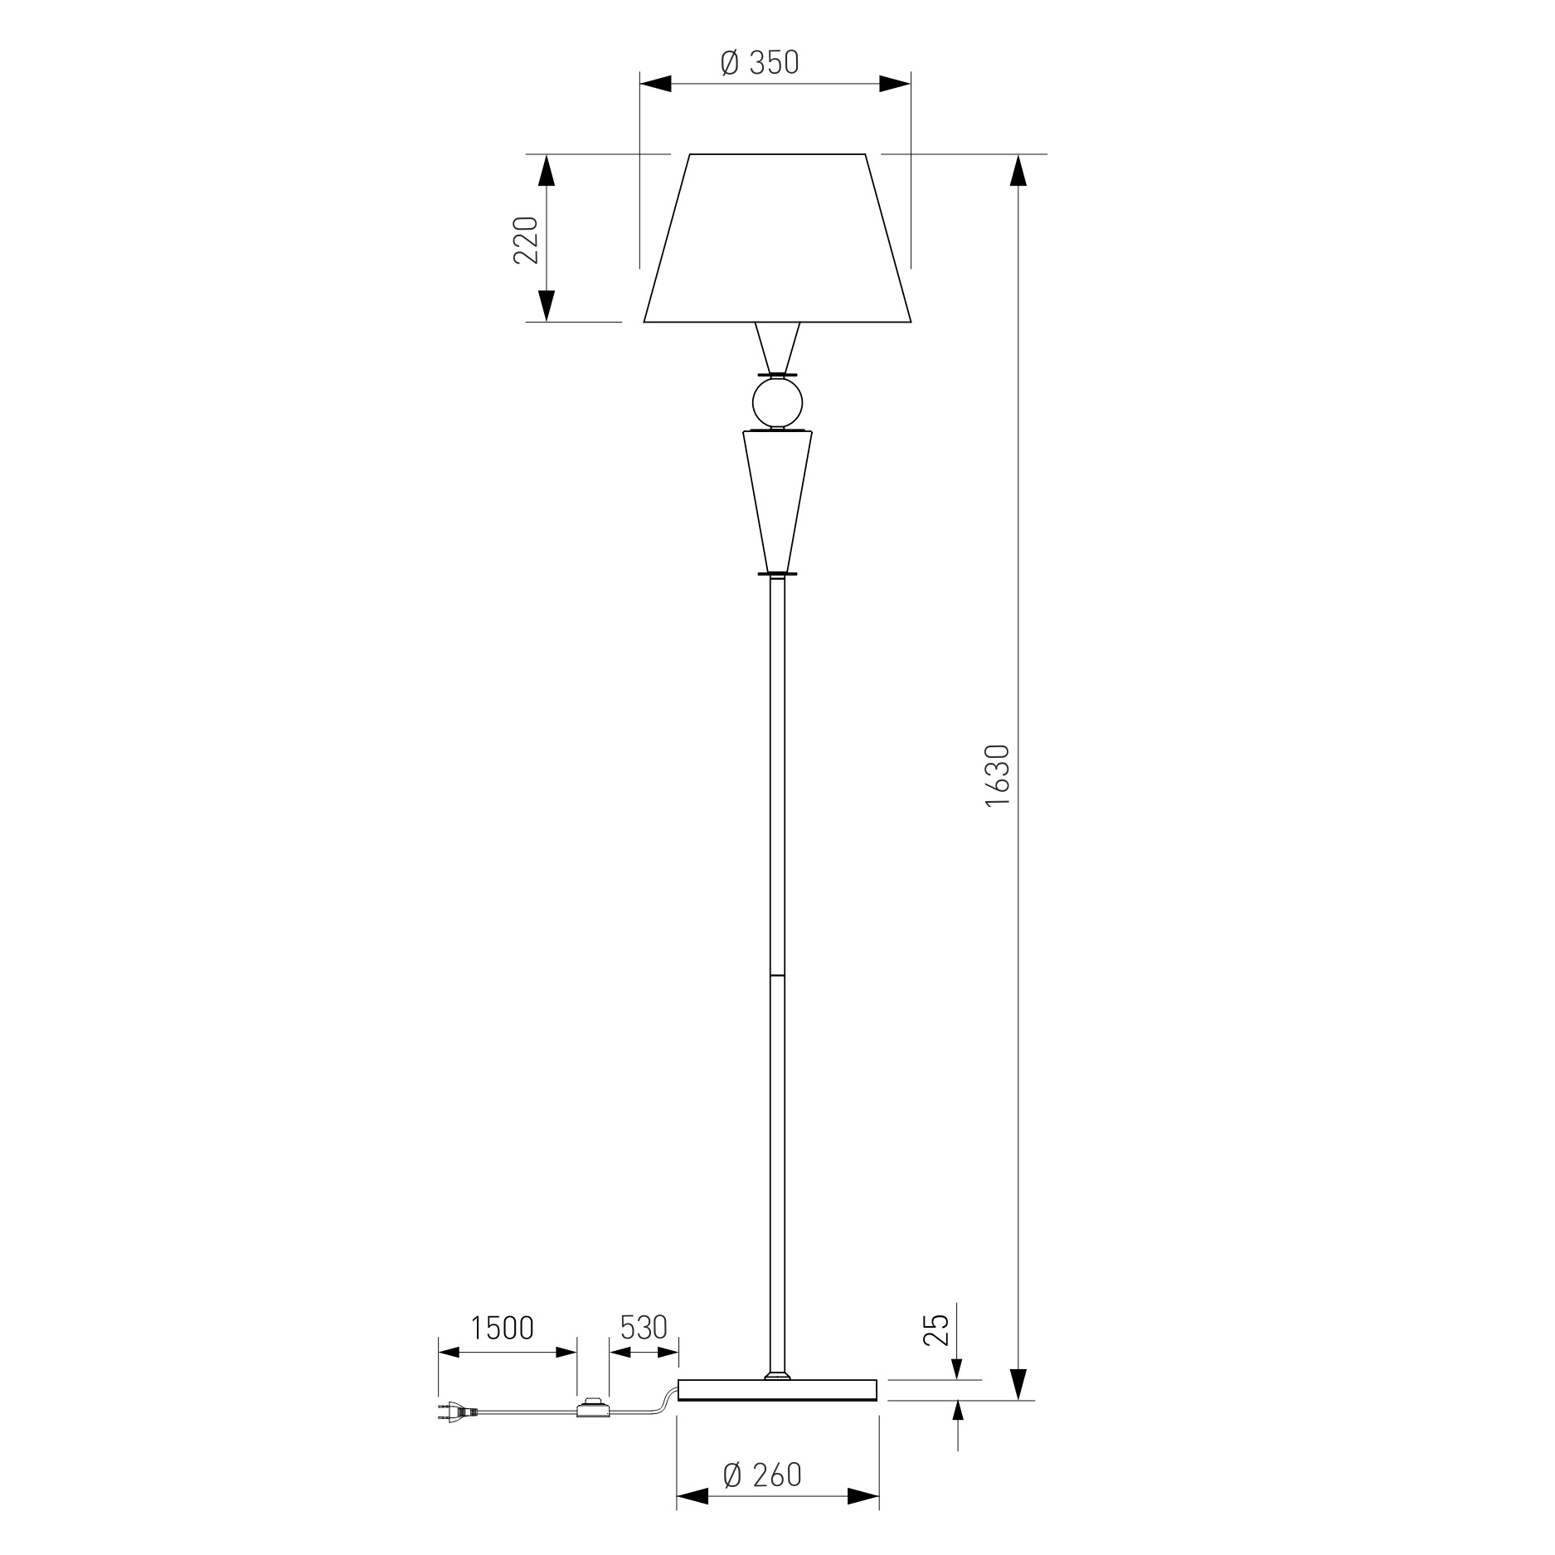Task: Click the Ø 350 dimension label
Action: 760,63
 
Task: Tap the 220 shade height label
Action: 526,240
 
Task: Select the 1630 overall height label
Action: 998,775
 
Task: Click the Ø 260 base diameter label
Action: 762,1475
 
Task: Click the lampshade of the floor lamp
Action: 778,238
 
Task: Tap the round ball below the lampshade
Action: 777,403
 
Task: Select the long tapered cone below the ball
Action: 777,501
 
